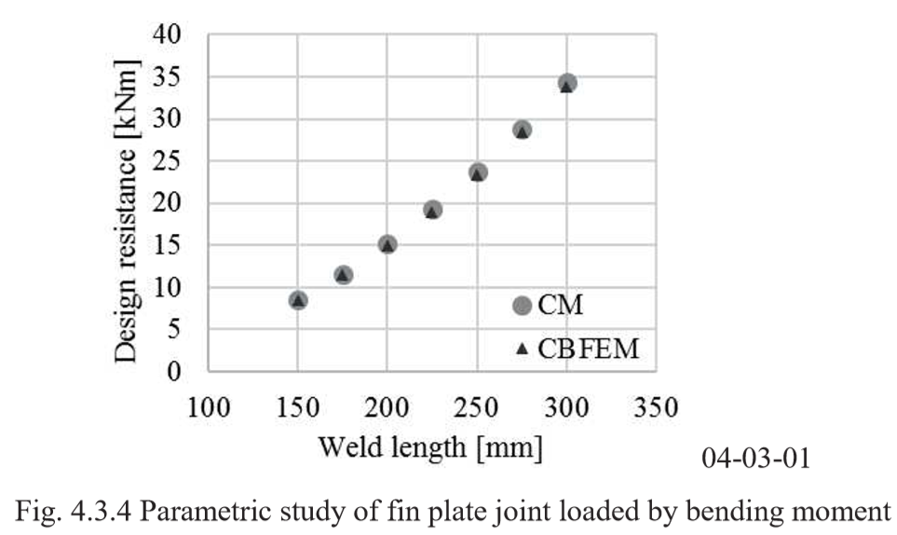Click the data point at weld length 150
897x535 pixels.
(x=298, y=300)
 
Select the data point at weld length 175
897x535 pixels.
(x=343, y=275)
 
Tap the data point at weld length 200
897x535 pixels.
(x=387, y=244)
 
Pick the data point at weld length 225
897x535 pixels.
(x=432, y=210)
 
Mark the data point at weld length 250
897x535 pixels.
(x=478, y=172)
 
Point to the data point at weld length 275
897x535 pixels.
(x=523, y=130)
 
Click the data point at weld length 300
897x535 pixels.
(x=566, y=84)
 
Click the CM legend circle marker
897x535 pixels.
(x=522, y=306)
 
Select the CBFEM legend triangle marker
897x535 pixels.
(x=522, y=349)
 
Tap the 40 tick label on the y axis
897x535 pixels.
(x=174, y=34)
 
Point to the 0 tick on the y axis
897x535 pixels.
(x=184, y=372)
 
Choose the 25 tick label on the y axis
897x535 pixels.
(x=174, y=161)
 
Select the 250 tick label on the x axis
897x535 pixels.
(x=477, y=407)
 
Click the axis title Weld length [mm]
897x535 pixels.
(x=431, y=447)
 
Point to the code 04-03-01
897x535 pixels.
(x=756, y=459)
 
